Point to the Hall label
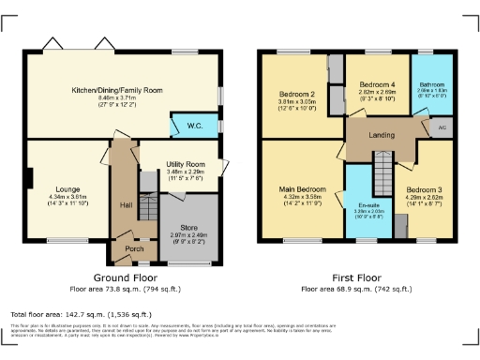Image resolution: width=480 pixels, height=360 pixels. (x=125, y=204)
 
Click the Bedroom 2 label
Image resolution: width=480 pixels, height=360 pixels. (x=296, y=95)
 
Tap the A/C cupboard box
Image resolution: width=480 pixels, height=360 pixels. (x=442, y=127)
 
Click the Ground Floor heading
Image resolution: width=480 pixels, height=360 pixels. (x=124, y=278)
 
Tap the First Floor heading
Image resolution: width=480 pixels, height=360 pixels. (x=355, y=278)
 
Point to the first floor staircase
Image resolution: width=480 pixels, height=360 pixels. (x=381, y=173)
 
